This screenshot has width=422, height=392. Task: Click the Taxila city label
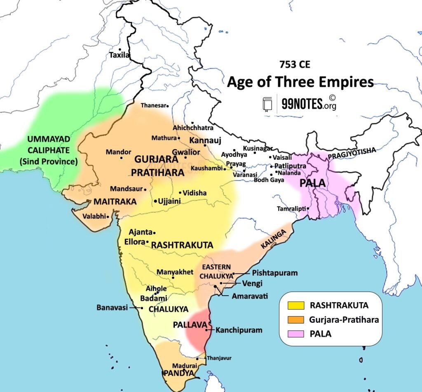point(119,55)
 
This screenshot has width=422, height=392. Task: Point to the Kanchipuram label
point(239,330)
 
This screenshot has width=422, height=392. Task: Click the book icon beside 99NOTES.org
point(267,104)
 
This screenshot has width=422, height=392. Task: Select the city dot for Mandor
point(121,158)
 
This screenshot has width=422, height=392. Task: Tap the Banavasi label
point(112,308)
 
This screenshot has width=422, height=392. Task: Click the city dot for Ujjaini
point(155,201)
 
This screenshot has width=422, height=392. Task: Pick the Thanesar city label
point(152,105)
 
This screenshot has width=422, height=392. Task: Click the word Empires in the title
point(347,82)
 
